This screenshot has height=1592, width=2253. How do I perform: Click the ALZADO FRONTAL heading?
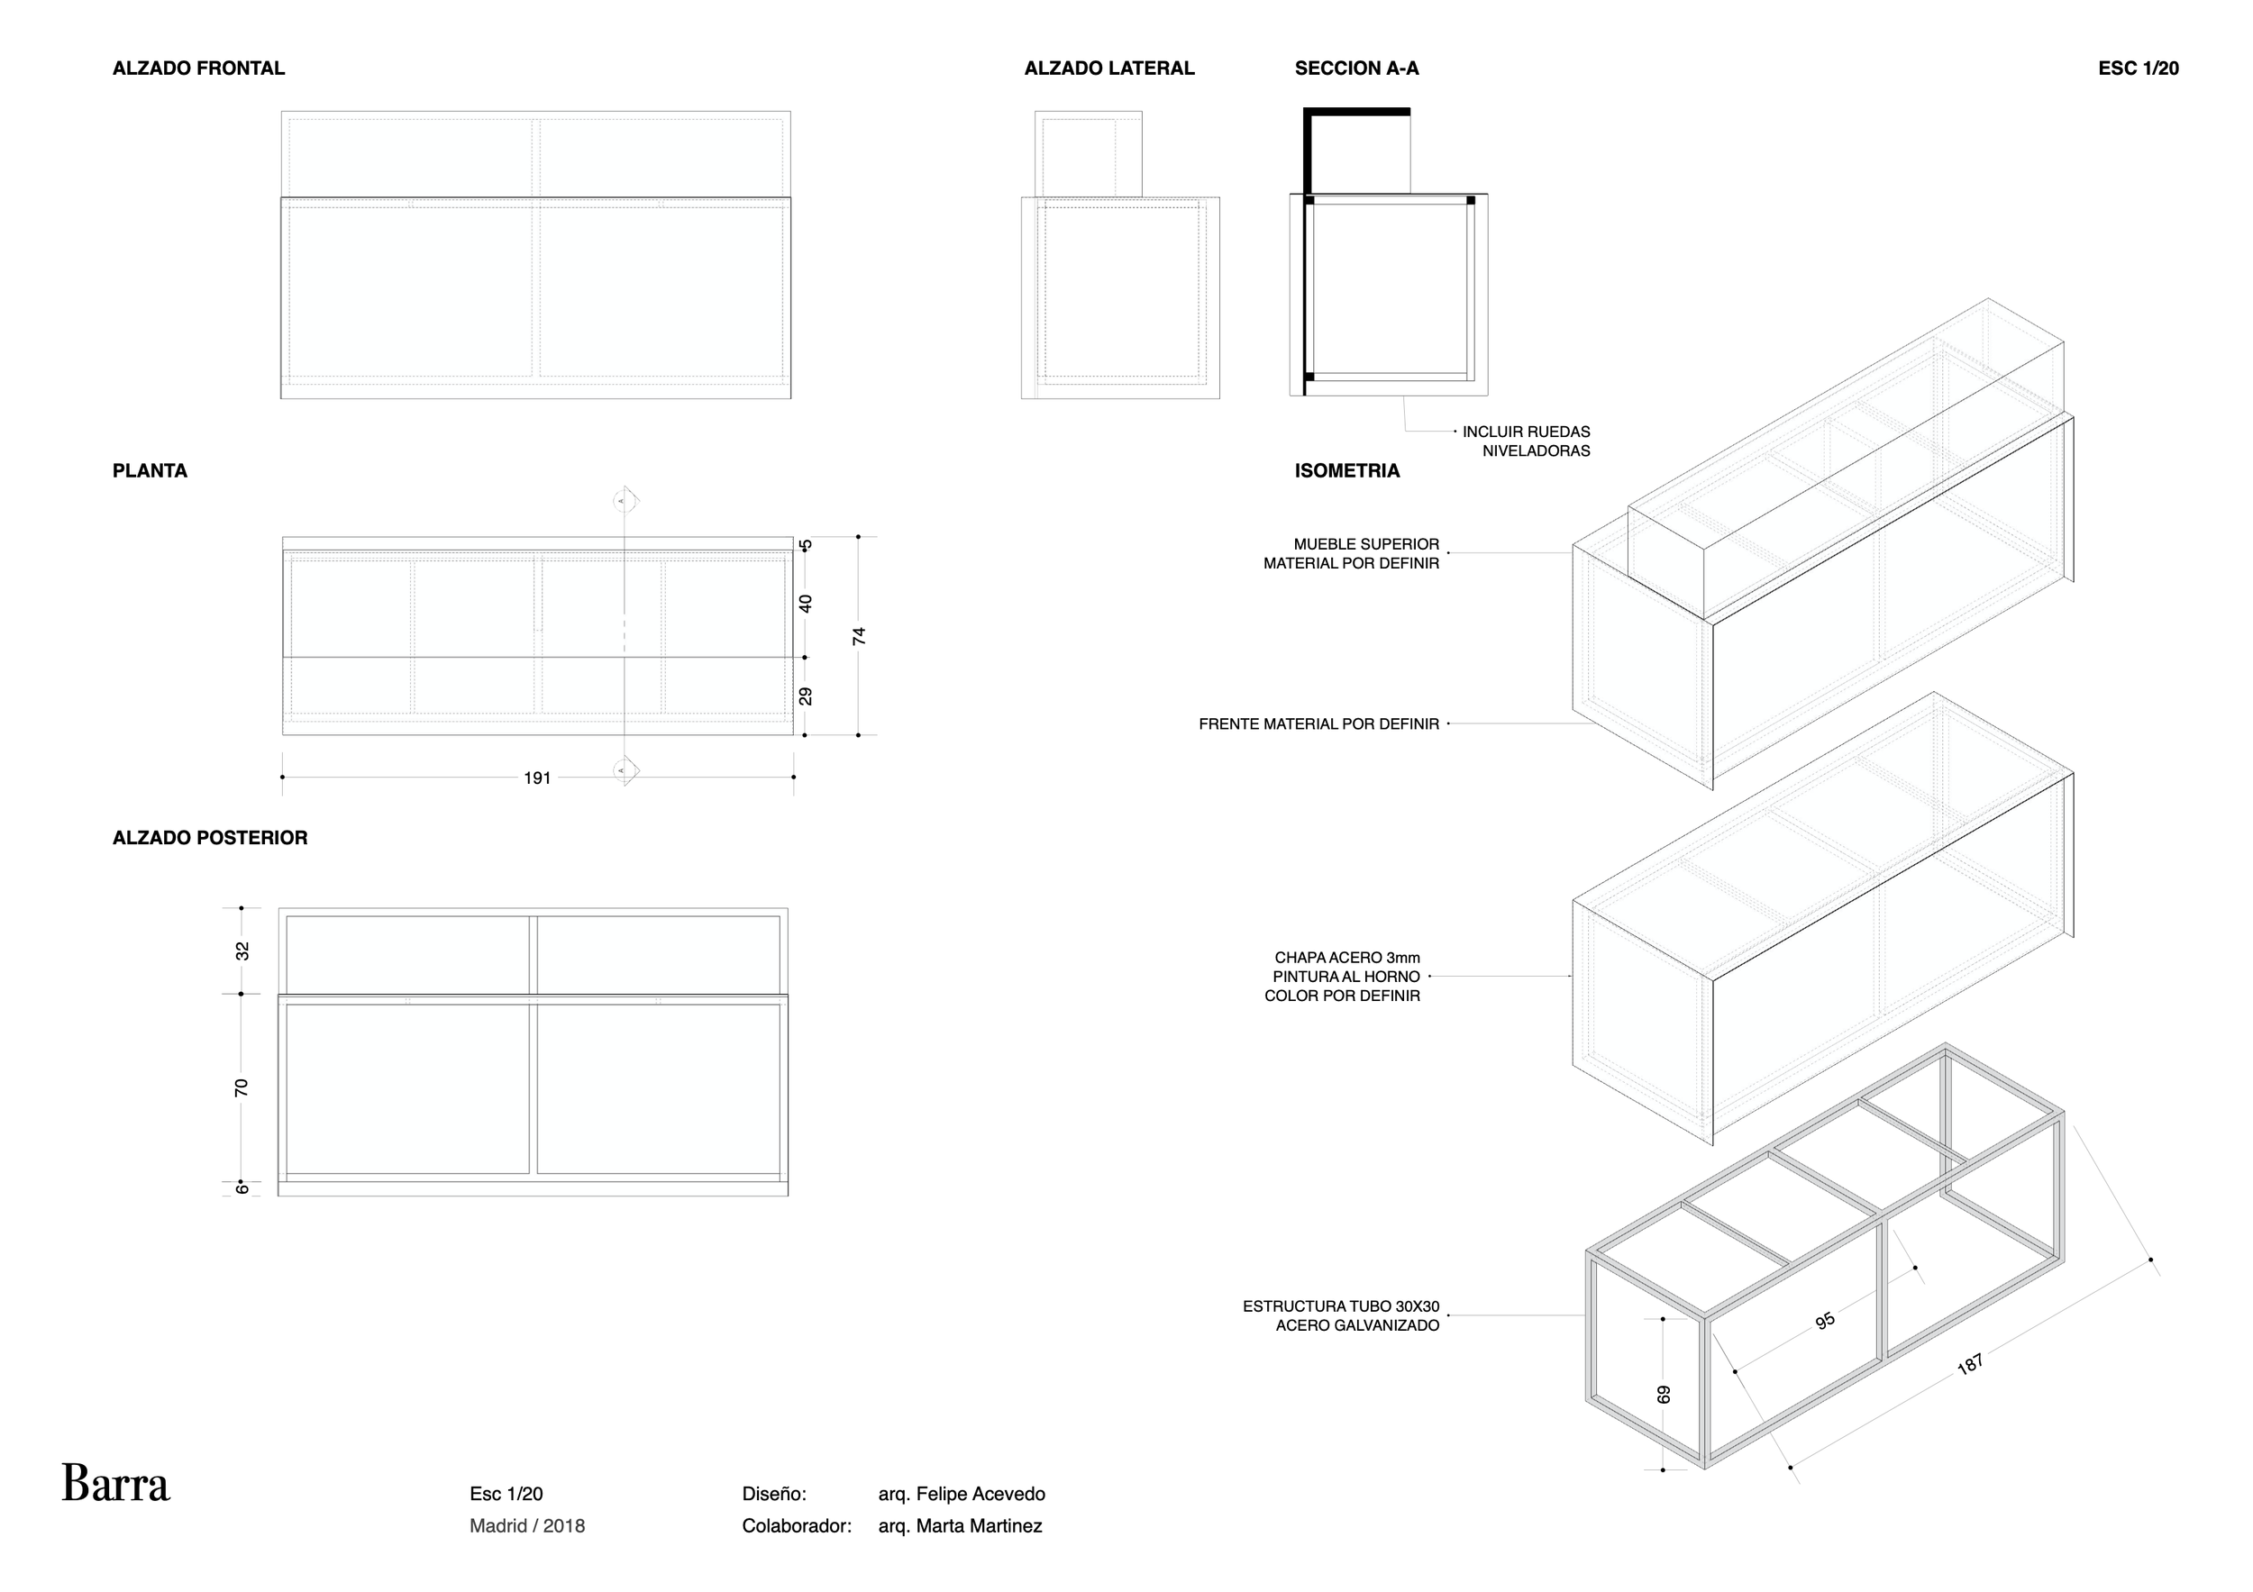(x=198, y=68)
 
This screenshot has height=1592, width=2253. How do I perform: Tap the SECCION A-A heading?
(x=1356, y=68)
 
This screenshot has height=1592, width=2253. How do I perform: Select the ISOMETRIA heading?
(x=1346, y=471)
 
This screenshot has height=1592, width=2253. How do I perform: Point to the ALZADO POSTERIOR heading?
(x=210, y=838)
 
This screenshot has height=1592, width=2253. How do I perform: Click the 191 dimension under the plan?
(x=537, y=778)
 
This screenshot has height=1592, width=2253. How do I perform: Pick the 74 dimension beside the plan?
(x=860, y=635)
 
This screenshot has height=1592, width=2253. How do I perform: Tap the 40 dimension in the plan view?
(x=806, y=604)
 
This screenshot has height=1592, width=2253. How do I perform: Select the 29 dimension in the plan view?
(x=806, y=696)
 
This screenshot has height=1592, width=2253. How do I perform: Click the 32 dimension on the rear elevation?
(x=242, y=951)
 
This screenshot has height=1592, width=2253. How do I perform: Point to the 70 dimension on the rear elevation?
(x=242, y=1087)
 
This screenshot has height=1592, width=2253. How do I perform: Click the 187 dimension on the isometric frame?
(x=1970, y=1364)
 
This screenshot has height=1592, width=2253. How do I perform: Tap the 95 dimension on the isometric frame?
(x=1825, y=1322)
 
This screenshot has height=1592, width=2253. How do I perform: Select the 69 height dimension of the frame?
(x=1664, y=1394)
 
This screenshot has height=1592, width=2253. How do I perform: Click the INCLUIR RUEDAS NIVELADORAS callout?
(x=1526, y=441)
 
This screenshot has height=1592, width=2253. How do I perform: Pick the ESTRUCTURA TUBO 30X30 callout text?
(x=1340, y=1316)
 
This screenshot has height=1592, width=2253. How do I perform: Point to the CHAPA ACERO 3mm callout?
(x=1343, y=976)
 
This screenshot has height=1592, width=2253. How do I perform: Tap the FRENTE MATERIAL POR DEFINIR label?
(x=1318, y=723)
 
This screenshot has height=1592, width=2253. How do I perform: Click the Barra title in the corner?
(x=115, y=1484)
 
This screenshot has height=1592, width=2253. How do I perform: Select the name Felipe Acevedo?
(x=962, y=1494)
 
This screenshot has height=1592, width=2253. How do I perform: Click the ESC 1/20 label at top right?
(x=2139, y=68)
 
